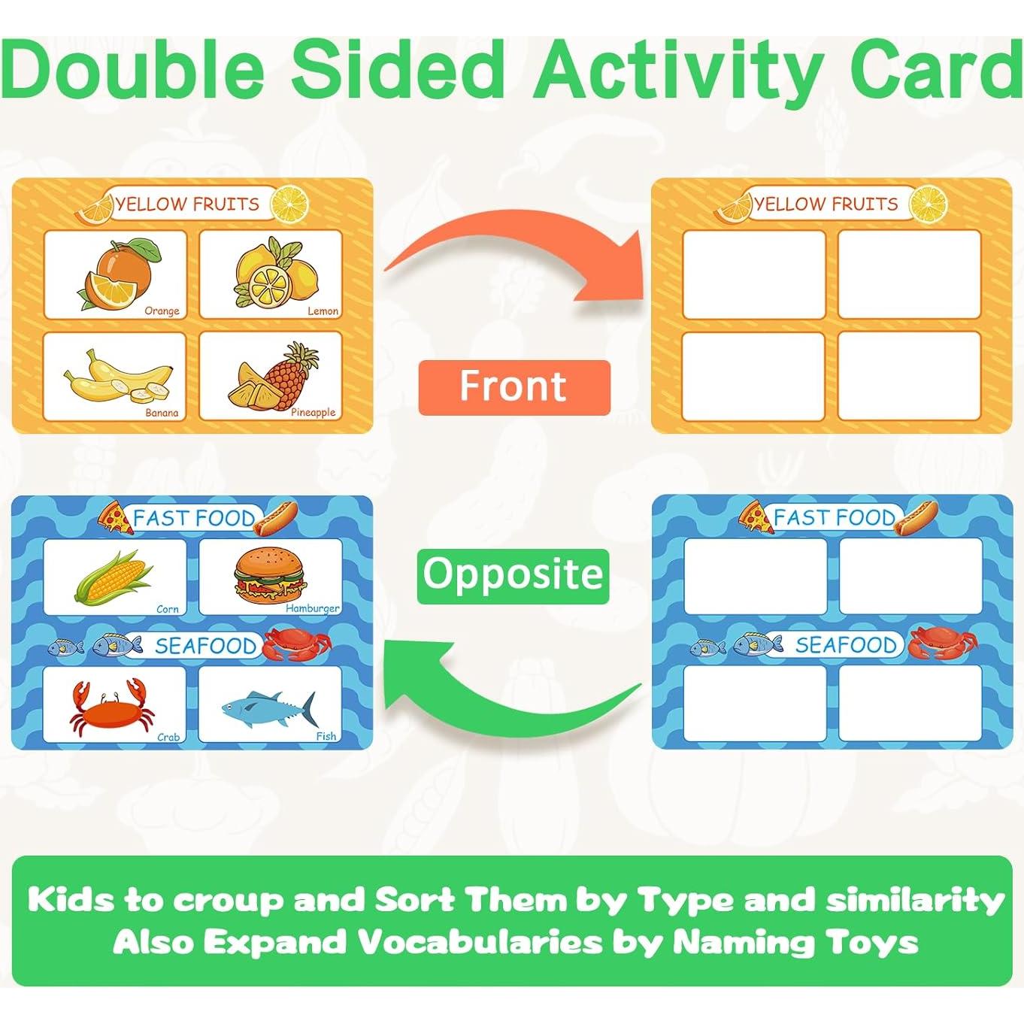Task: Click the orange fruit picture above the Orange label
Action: click(x=119, y=273)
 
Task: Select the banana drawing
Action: click(x=118, y=375)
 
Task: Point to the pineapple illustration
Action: click(x=274, y=376)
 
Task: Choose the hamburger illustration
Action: click(x=270, y=575)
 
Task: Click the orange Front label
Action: click(x=514, y=387)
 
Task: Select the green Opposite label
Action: click(x=513, y=576)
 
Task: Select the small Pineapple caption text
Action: click(x=313, y=412)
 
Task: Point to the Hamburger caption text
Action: click(x=313, y=608)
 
